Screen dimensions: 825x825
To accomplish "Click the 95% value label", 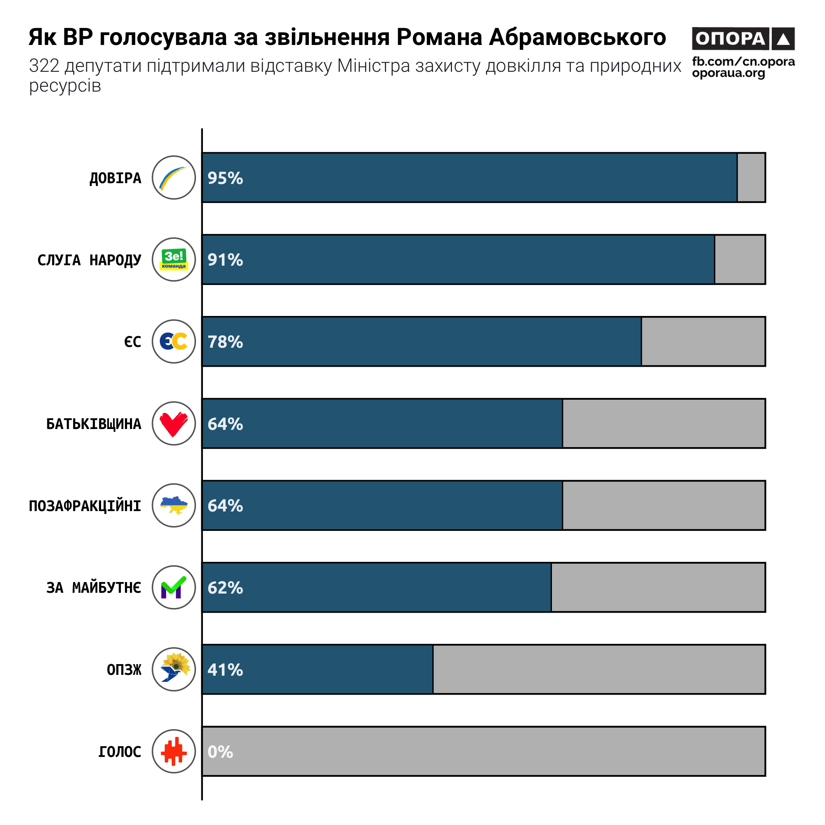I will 225,178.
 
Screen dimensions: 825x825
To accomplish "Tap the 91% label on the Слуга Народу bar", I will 225,259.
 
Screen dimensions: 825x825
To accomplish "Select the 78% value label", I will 225,342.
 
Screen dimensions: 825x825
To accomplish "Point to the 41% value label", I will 225,669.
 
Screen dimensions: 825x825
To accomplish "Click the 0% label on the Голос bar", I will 220,752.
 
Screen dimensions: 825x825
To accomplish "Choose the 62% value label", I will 225,587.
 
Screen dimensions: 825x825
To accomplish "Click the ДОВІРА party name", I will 115,178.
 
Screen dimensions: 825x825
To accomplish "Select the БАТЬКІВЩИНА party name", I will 94,424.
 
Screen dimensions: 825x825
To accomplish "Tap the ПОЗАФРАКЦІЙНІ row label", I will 85,506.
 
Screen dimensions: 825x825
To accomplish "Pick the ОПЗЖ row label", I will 124,669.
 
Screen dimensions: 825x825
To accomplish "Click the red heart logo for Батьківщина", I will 174,424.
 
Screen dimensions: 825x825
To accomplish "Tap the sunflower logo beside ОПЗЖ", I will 174,669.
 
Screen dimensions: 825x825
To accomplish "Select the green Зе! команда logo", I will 174,259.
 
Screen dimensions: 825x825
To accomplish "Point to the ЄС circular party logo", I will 174,342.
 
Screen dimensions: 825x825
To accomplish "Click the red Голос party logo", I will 174,751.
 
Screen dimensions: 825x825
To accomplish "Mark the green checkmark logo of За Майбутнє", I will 174,587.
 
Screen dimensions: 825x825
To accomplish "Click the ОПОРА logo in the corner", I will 743,39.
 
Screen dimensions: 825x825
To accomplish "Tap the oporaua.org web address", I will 728,73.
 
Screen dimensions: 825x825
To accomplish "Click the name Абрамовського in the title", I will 577,37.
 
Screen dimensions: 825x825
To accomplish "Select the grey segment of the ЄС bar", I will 703,342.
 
